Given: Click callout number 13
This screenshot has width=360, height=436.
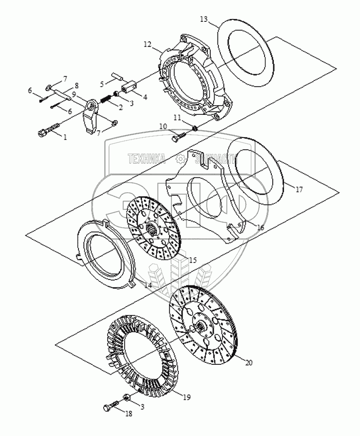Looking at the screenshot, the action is (x=203, y=19).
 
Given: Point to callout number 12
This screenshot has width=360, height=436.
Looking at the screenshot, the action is (x=148, y=44).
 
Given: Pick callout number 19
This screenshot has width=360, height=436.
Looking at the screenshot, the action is (x=187, y=397).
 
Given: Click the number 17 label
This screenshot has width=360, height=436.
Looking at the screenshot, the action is (x=299, y=190).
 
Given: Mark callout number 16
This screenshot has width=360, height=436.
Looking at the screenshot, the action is (x=260, y=227).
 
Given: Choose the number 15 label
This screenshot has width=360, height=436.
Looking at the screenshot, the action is (x=192, y=261).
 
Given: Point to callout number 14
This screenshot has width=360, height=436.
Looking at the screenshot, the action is (x=148, y=286).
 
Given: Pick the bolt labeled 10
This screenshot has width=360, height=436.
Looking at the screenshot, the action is (x=177, y=138).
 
